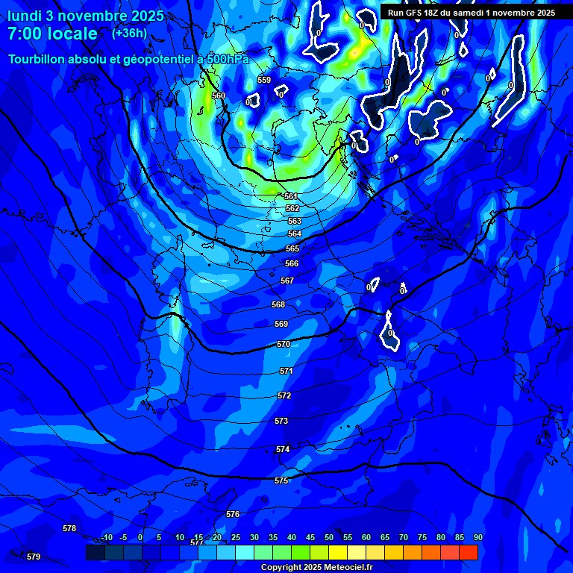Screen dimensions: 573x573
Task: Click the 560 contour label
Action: pos(218,95)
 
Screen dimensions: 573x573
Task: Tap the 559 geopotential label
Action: pos(264,80)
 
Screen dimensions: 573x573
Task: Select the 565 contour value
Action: pos(292,248)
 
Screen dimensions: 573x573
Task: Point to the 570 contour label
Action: pos(284,344)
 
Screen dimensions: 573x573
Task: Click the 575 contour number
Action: pos(281,481)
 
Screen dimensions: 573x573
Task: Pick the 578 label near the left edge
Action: pos(69,528)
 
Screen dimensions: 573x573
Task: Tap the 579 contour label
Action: pos(34,557)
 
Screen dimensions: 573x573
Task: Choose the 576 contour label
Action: pos(233,514)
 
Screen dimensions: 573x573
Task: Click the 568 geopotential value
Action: pos(278,304)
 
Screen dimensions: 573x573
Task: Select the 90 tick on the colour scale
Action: pos(477,537)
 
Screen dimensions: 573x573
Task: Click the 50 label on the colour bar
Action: pos(329,537)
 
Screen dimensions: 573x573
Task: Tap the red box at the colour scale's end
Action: pos(469,552)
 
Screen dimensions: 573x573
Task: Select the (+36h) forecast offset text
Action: pos(129,33)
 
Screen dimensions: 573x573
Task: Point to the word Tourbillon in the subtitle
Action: pos(37,58)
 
